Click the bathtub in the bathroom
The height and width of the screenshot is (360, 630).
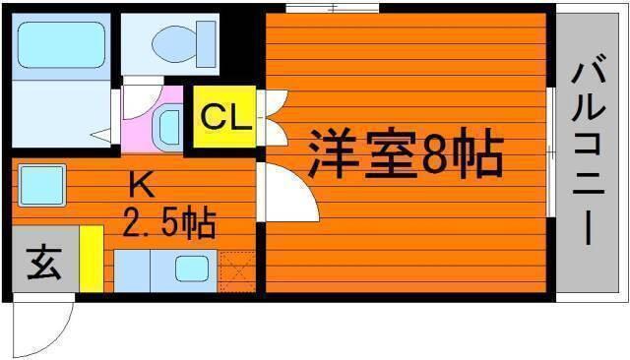(x=61, y=45)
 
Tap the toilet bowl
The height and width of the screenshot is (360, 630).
(x=174, y=43)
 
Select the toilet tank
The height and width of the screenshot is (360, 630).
(x=206, y=43)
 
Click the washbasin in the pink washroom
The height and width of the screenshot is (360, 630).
(x=168, y=128)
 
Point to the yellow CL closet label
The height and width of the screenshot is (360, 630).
(x=224, y=116)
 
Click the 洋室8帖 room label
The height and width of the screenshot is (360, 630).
(x=406, y=154)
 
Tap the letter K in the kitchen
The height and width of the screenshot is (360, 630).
(x=142, y=185)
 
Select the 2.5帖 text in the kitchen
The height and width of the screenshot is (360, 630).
(x=169, y=223)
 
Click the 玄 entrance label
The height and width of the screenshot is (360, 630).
(x=44, y=263)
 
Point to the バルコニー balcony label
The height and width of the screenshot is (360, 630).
(x=589, y=153)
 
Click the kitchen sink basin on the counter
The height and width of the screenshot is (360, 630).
(x=192, y=269)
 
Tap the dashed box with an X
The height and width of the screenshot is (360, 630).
(x=237, y=271)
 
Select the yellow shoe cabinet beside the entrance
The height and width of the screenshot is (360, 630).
(x=92, y=259)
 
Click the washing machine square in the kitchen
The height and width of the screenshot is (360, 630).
(x=41, y=185)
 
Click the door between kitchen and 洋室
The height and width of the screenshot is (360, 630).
(x=288, y=192)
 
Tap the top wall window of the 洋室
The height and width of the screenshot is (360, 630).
(x=333, y=8)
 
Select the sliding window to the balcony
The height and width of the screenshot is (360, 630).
(x=551, y=152)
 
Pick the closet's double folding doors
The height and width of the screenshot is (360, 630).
(x=274, y=118)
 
